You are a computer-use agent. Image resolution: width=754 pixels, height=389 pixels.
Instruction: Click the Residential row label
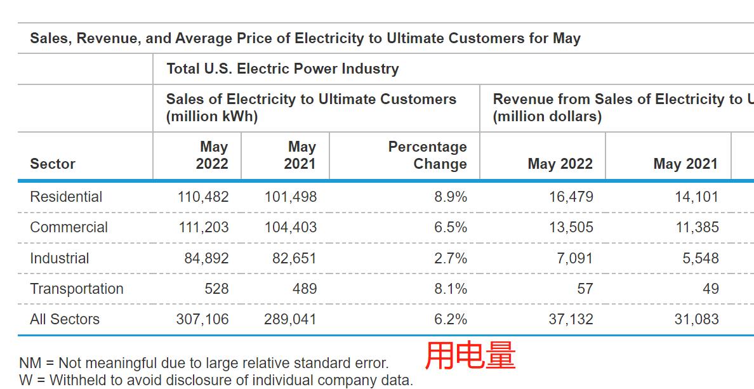(66, 197)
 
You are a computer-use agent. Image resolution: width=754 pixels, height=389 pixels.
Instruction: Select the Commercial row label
(69, 227)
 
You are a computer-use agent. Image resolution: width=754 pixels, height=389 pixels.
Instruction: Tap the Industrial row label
(59, 258)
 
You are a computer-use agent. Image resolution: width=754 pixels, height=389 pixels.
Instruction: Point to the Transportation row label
(77, 289)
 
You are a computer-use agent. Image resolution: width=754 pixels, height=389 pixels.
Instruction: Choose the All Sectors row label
(65, 319)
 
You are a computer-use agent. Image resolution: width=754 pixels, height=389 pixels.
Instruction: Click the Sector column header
(53, 164)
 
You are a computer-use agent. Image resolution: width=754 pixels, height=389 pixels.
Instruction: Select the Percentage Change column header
(427, 155)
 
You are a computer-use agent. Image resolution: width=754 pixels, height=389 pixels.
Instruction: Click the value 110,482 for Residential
(203, 197)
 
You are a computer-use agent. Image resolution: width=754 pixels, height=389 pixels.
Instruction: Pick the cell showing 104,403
(291, 227)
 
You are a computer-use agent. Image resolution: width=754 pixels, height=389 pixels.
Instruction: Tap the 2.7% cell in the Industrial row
(451, 258)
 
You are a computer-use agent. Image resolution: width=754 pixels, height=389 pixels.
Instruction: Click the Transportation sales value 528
(216, 289)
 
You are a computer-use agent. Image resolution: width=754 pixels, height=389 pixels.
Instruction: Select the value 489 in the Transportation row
(305, 289)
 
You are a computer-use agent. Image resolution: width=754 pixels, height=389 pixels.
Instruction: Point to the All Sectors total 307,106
(202, 319)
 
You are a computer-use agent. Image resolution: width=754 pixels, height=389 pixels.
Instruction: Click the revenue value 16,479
(571, 197)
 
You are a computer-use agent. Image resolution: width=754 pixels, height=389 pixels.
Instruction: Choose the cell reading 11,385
(697, 227)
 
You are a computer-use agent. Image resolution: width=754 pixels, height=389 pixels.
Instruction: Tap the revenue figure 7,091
(576, 258)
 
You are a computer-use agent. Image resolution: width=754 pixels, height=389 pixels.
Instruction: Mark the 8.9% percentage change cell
(451, 197)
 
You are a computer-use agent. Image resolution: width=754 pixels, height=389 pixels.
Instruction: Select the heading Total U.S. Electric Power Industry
(282, 69)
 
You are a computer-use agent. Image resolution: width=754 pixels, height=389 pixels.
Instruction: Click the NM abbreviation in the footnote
(30, 363)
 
